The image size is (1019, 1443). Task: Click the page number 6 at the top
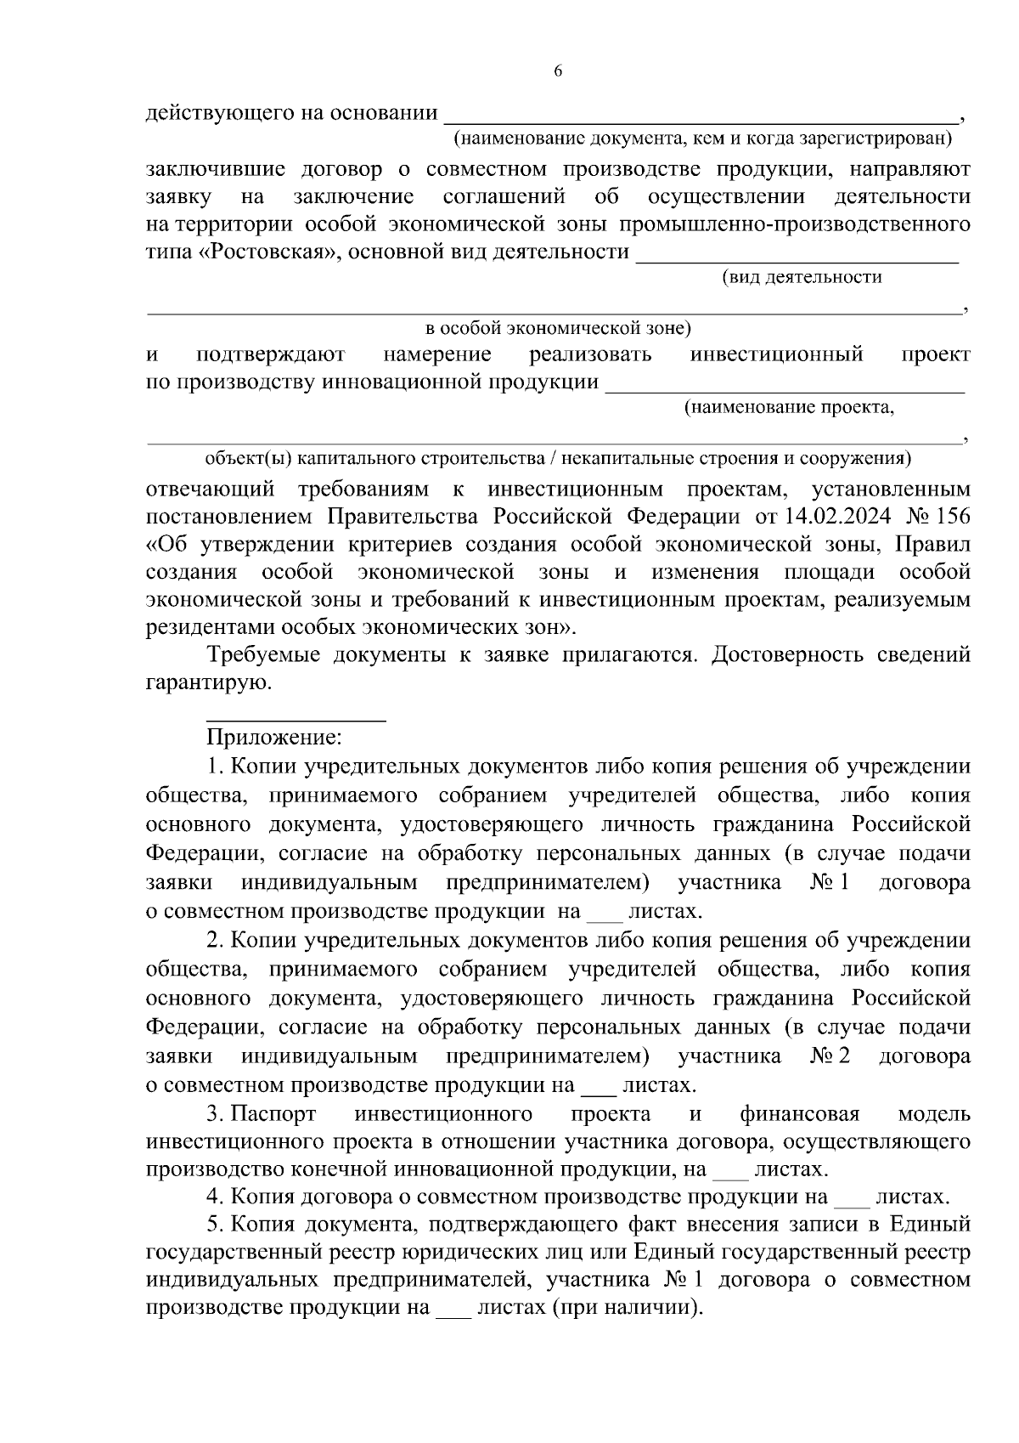coord(558,71)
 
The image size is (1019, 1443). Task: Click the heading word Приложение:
coord(274,737)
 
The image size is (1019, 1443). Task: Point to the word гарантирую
coord(208,682)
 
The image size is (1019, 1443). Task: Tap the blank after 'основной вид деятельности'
coord(797,258)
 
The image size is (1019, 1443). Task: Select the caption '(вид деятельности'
coord(802,277)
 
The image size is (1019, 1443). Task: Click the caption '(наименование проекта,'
coord(790,408)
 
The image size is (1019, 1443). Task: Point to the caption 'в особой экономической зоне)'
coord(558,328)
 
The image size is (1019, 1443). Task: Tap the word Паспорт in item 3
coord(273,1114)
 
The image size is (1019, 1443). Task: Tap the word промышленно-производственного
coord(795,224)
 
